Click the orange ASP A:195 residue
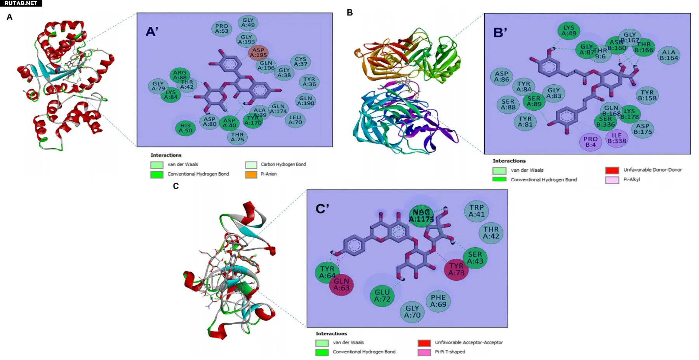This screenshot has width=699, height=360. (258, 52)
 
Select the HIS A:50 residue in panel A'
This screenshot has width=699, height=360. (185, 128)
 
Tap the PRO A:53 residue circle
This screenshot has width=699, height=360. (222, 28)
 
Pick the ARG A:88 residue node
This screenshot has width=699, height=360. (179, 75)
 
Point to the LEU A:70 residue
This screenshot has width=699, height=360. (295, 120)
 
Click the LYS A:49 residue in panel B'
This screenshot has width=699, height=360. (569, 30)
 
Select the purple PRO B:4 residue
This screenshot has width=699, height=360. (590, 142)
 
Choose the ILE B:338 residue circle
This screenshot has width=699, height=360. (617, 138)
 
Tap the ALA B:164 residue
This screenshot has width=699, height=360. (669, 55)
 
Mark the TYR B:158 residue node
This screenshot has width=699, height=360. (647, 95)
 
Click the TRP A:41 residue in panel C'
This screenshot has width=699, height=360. (476, 211)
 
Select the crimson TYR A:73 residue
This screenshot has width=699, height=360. (456, 269)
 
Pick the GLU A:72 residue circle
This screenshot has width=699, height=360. (382, 296)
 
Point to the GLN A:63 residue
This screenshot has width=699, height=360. (341, 285)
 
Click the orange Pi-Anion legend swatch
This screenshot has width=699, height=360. (251, 174)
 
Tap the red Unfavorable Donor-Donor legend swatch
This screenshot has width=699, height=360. (612, 170)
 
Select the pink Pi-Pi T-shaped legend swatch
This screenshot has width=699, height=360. (424, 352)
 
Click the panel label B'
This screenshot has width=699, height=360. (500, 33)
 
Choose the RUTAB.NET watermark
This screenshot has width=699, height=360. (21, 3)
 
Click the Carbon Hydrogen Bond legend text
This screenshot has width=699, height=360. (283, 165)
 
